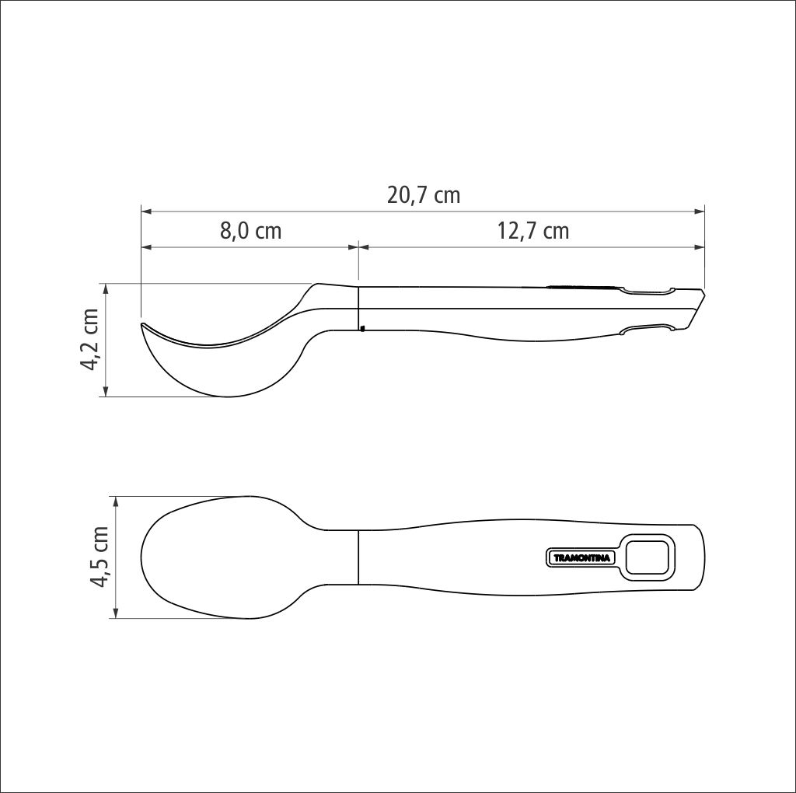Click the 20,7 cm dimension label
[x=424, y=195]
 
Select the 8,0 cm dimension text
[x=251, y=231]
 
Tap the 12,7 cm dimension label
[x=532, y=231]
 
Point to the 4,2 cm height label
[x=89, y=339]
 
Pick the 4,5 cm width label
[x=99, y=557]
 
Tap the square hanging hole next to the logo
[x=647, y=557]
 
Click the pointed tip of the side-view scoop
[x=142, y=324]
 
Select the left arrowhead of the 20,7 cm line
[x=147, y=211]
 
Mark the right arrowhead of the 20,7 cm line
[x=699, y=211]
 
